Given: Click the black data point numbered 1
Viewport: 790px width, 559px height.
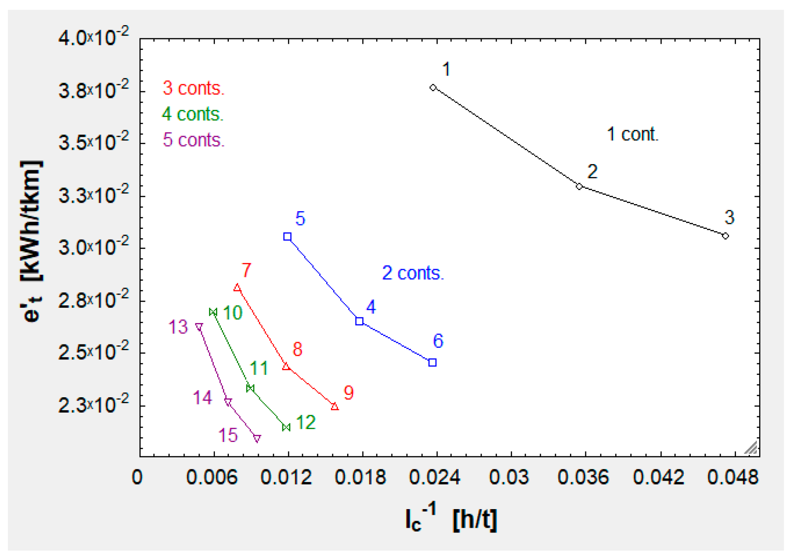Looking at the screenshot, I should pos(433,88).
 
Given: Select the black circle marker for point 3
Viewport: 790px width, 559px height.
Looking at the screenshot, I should pos(725,236).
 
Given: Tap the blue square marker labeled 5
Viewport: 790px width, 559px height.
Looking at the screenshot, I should pos(288,237).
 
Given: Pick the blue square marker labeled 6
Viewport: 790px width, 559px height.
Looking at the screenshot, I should pos(433,362).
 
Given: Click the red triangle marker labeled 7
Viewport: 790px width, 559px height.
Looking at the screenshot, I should pos(237,288).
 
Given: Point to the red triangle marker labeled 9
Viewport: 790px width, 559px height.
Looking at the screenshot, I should pos(335,407).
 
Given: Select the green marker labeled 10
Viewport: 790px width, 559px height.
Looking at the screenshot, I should pos(213,312).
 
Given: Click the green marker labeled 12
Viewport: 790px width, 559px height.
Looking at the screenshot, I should pos(286,427).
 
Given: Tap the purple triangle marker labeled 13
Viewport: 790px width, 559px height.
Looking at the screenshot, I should pos(199,327).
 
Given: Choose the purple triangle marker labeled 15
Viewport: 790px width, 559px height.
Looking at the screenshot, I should pos(257,438).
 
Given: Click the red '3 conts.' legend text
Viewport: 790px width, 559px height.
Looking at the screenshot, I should pos(193,88).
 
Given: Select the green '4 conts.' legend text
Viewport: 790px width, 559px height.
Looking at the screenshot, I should pos(192,114).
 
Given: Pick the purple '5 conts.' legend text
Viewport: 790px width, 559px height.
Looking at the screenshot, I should pos(193,140).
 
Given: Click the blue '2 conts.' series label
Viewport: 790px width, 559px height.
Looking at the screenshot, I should pos(413,273).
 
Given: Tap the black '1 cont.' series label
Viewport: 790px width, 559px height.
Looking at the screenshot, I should pos(632,134).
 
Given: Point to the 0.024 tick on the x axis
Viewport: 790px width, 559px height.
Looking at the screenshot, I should pos(434,477).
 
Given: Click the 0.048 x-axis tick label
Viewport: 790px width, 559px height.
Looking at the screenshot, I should pos(733,477).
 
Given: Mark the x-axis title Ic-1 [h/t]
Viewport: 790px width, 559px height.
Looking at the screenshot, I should pos(451,518).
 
